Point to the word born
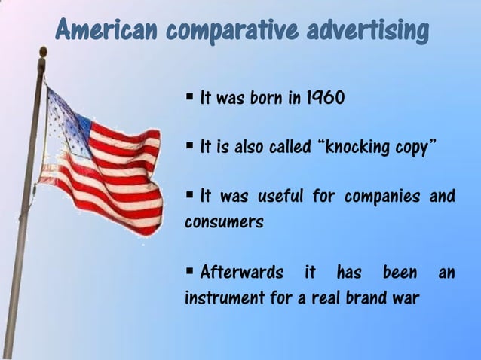pyautogui.click(x=266, y=99)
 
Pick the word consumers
pyautogui.click(x=224, y=223)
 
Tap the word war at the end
pyautogui.click(x=405, y=297)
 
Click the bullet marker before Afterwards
pyautogui.click(x=190, y=270)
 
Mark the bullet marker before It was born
pyautogui.click(x=190, y=97)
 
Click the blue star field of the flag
pyautogui.click(x=68, y=117)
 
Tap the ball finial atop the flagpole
pyautogui.click(x=42, y=52)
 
